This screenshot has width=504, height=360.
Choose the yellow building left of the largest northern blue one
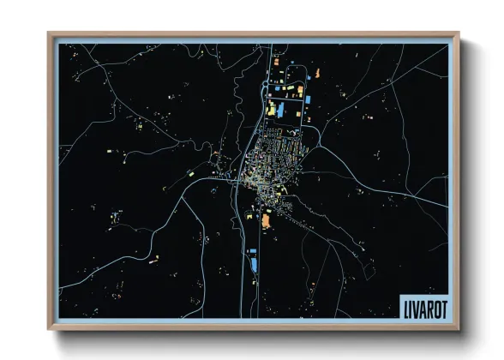click(270, 110)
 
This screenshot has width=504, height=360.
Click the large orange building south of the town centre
click(265, 221)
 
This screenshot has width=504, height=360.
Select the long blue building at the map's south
click(254, 263)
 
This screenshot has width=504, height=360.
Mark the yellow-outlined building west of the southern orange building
click(247, 216)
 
